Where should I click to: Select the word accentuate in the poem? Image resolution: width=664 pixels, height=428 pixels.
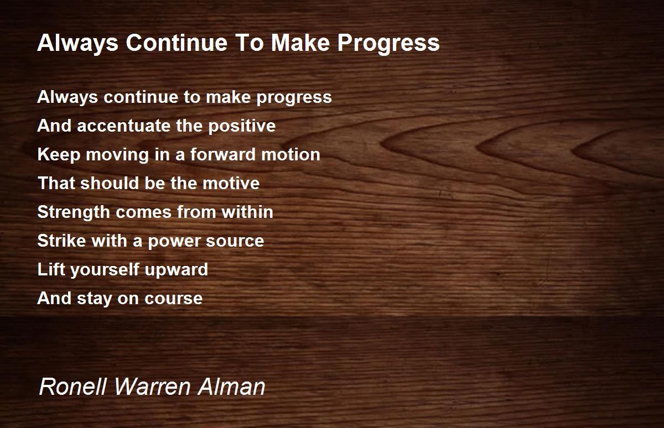click(x=124, y=126)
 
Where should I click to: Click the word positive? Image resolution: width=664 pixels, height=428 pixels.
click(x=241, y=126)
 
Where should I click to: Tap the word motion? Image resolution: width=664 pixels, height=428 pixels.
click(x=293, y=155)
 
